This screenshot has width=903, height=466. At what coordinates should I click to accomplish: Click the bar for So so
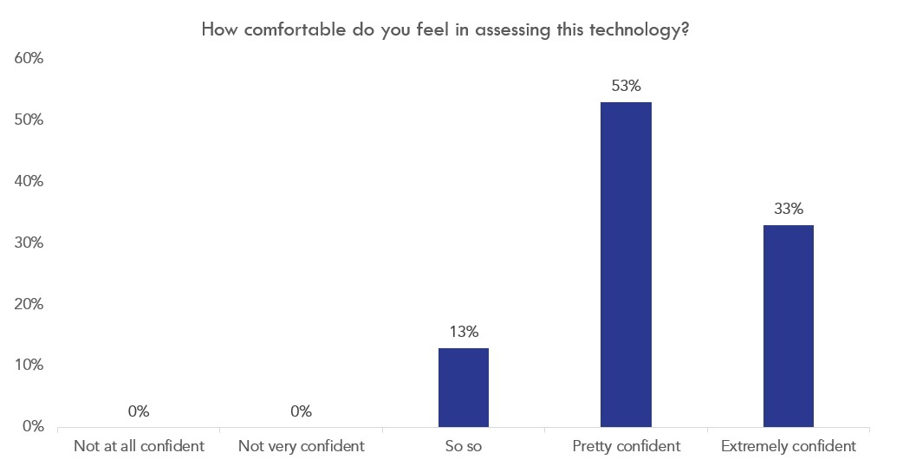pos(464,387)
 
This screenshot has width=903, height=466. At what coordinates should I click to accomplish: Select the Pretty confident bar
pos(626,264)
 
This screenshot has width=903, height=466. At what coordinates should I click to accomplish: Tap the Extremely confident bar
pos(788,326)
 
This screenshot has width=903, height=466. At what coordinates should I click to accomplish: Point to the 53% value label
pos(626,86)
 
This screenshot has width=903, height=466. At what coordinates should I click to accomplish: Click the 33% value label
pos(788,209)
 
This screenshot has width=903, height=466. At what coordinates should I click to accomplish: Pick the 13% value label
pos(464,332)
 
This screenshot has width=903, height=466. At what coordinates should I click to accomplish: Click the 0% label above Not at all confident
pos(139,411)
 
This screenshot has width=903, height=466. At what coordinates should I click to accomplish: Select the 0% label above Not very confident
pos(301,411)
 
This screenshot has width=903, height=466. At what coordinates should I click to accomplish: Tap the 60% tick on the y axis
pos(29,59)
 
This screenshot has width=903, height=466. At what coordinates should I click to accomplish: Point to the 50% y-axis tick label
pos(29,120)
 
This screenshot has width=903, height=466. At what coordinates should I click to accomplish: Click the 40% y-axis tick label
pos(29,181)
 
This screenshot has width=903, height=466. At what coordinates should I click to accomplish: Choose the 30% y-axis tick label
pos(29,243)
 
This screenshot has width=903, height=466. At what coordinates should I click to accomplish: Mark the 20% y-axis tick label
pos(29,304)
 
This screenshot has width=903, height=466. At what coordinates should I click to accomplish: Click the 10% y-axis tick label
pos(29,366)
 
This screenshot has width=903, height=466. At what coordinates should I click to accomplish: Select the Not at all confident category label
pos(139,447)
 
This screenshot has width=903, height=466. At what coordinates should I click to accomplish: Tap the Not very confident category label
pos(301,447)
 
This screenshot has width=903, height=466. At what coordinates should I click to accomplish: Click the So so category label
pos(464,447)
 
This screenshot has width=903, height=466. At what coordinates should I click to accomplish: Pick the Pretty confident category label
pos(626,447)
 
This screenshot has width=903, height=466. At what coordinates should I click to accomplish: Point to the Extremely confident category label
pos(788,447)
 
